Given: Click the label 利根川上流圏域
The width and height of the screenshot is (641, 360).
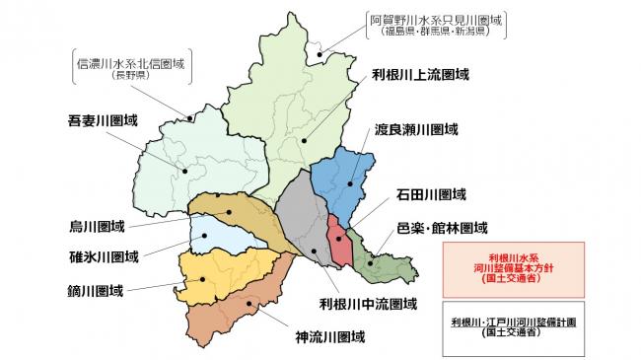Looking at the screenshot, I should [419, 74].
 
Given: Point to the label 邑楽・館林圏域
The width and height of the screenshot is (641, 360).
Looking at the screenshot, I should [442, 227].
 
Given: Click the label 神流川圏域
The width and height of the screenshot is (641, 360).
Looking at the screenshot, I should [330, 337].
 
